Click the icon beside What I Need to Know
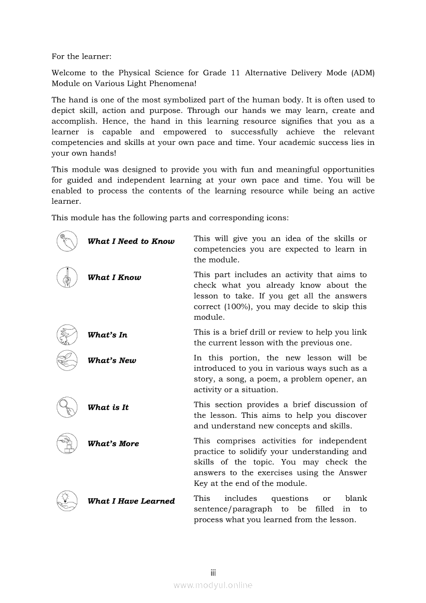click(x=67, y=241)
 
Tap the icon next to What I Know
click(x=67, y=278)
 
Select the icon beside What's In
click(x=67, y=335)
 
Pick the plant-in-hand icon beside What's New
click(x=67, y=361)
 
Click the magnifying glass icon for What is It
click(x=67, y=408)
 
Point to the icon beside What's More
click(x=67, y=444)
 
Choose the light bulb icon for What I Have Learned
click(x=67, y=501)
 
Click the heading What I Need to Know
click(x=131, y=241)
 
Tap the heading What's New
click(x=112, y=361)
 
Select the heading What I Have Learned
click(x=131, y=501)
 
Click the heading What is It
click(x=108, y=408)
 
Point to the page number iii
click(x=213, y=573)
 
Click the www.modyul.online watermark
click(x=213, y=585)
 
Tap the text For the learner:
click(x=81, y=56)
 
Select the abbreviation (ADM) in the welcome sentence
click(x=363, y=73)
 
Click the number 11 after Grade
click(x=235, y=73)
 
